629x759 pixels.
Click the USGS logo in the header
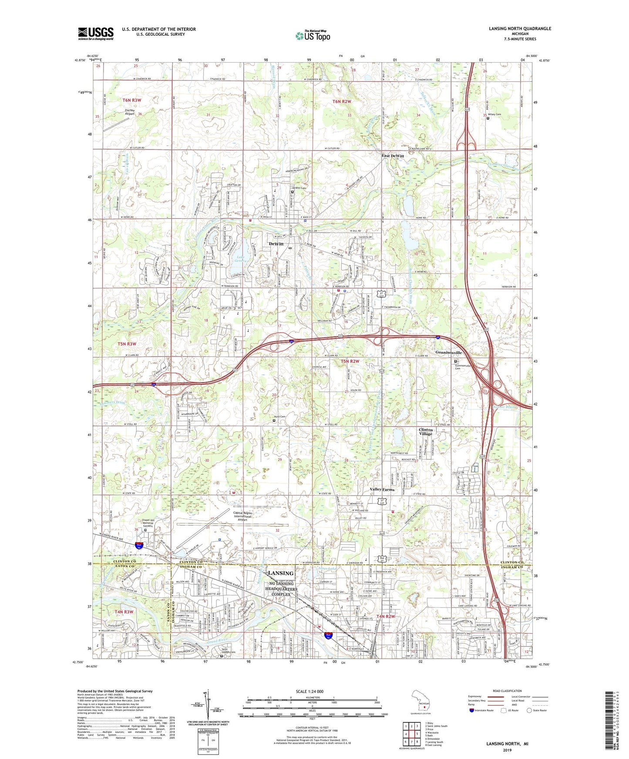(96, 33)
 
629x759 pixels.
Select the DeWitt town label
(276, 244)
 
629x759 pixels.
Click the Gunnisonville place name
(448, 353)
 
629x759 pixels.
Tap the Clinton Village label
(426, 432)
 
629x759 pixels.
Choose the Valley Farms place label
(382, 489)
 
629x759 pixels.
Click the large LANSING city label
(281, 573)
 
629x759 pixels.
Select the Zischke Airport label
(124, 112)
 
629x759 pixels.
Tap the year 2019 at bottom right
(507, 750)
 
